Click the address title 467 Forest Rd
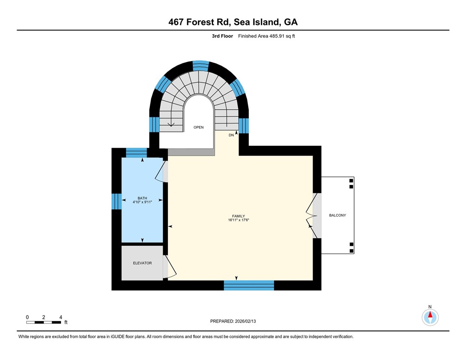pyautogui.click(x=233, y=22)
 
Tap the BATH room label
pyautogui.click(x=142, y=198)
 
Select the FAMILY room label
pyautogui.click(x=239, y=216)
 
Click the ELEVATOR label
pyautogui.click(x=142, y=263)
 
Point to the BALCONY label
pyautogui.click(x=337, y=215)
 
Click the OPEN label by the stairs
pyautogui.click(x=198, y=127)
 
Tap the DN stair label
pyautogui.click(x=231, y=135)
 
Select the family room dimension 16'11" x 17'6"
pyautogui.click(x=239, y=220)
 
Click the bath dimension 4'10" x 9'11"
pyautogui.click(x=142, y=202)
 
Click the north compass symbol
pyautogui.click(x=430, y=317)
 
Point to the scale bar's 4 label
pyautogui.click(x=61, y=317)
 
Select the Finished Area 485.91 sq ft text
pyautogui.click(x=266, y=36)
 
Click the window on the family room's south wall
pyautogui.click(x=249, y=285)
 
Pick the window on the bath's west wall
pyautogui.click(x=116, y=201)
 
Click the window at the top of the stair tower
pyautogui.click(x=200, y=65)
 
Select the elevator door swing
pyautogui.click(x=170, y=267)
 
